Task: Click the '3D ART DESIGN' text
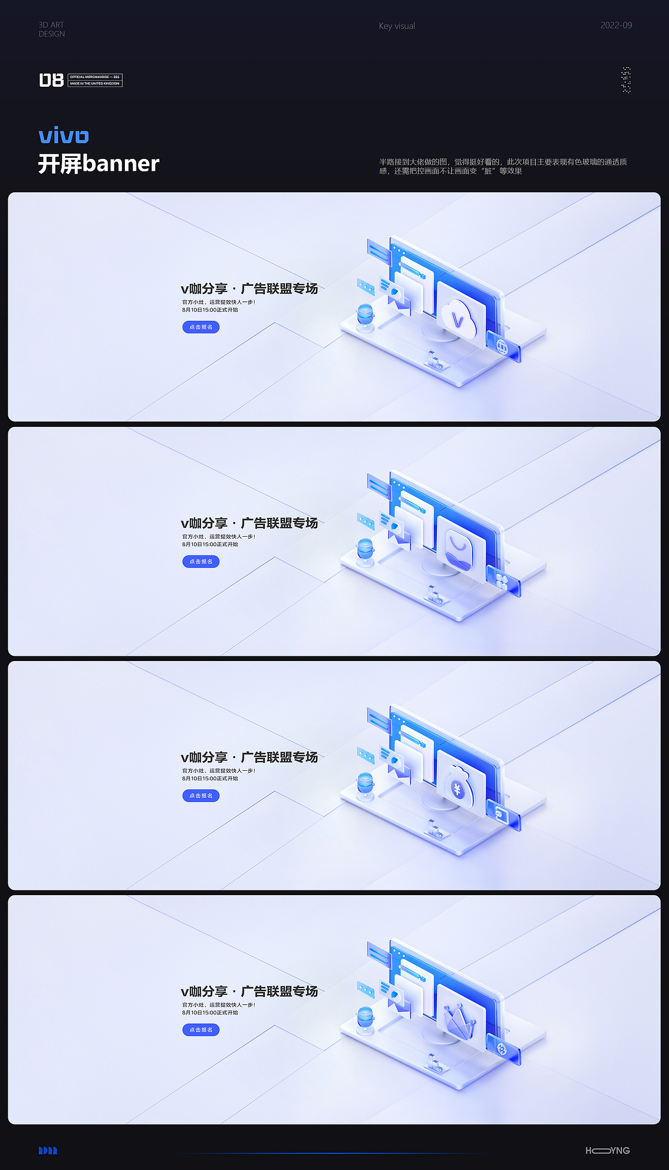[52, 29]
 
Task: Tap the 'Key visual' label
[397, 26]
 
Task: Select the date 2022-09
[616, 25]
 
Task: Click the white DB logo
[51, 80]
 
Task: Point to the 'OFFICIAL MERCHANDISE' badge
[95, 80]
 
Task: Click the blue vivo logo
[64, 135]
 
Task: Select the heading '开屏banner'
[99, 164]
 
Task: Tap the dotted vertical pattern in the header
[626, 80]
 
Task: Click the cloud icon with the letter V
[459, 318]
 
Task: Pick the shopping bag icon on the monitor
[459, 550]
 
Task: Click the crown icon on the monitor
[459, 1020]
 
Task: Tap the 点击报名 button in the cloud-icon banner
[201, 327]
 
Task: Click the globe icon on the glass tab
[502, 346]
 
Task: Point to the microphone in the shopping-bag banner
[365, 550]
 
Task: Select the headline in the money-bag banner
[249, 757]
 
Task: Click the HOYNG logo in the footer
[607, 1150]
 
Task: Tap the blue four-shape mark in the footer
[48, 1150]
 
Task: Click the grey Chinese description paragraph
[503, 166]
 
